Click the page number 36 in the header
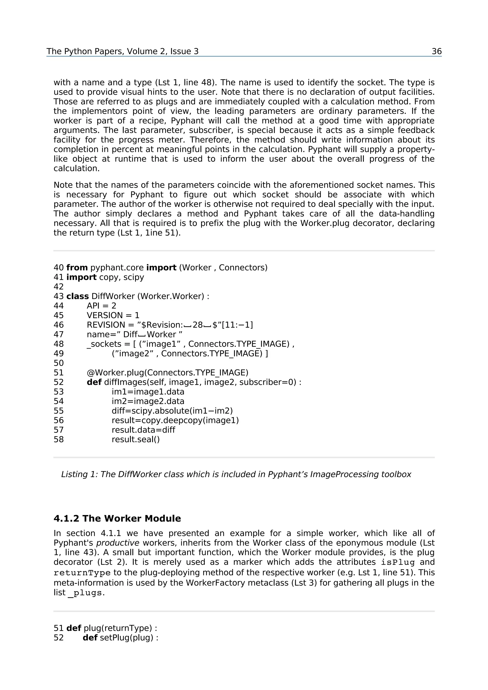click(436, 51)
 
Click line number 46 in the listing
click(59, 325)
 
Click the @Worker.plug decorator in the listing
click(168, 373)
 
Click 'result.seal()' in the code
click(136, 439)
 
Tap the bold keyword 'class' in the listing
click(77, 296)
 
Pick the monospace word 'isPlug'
click(398, 562)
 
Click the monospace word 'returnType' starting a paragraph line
click(82, 573)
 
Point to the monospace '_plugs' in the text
click(85, 593)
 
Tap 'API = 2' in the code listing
click(101, 306)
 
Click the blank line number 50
click(59, 363)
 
